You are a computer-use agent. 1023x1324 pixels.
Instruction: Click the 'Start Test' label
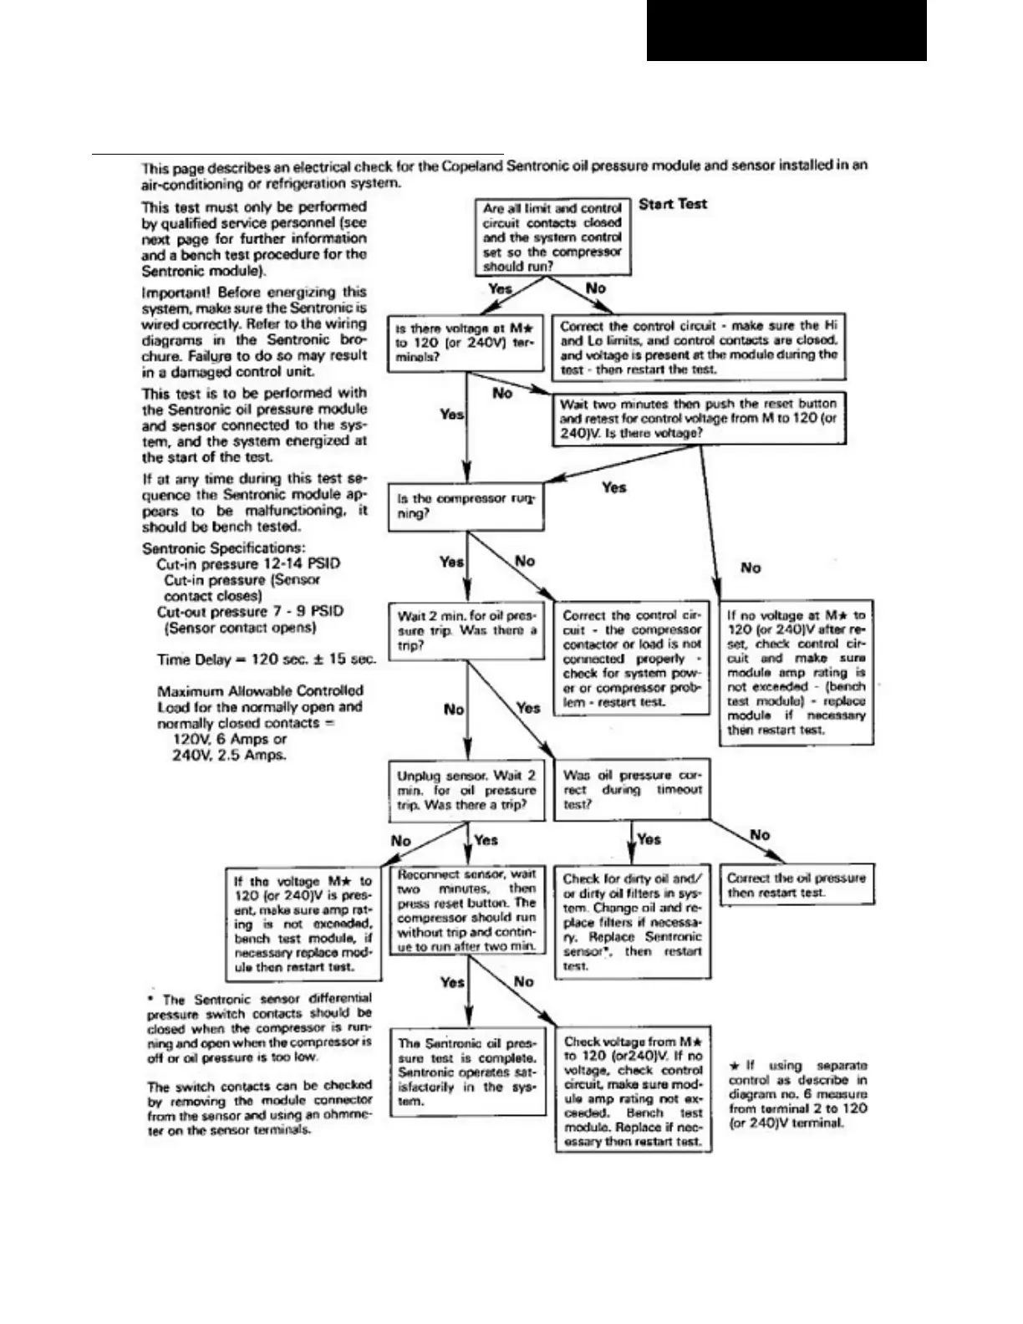[x=673, y=204]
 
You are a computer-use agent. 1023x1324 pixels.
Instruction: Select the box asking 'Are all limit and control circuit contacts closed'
[x=552, y=237]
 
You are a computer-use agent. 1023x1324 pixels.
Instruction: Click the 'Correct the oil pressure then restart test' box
[x=797, y=886]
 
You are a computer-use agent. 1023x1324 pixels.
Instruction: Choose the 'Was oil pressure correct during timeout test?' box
[x=633, y=790]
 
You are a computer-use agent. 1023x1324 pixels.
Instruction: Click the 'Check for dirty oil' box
[x=633, y=922]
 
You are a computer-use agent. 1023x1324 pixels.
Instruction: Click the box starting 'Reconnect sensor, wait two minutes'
[x=466, y=910]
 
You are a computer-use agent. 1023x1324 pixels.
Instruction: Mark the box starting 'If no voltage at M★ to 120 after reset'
[x=797, y=672]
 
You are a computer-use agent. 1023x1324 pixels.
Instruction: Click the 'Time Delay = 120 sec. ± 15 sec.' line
[x=267, y=659]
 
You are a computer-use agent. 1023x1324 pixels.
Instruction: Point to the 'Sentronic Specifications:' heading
[x=224, y=548]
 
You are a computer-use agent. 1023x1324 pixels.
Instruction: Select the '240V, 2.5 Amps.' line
[x=228, y=755]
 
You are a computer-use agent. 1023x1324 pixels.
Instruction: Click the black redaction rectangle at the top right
[x=786, y=30]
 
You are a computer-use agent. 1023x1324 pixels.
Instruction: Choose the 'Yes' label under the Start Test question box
[x=500, y=288]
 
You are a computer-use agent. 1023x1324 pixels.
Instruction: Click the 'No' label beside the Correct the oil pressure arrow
[x=760, y=835]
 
